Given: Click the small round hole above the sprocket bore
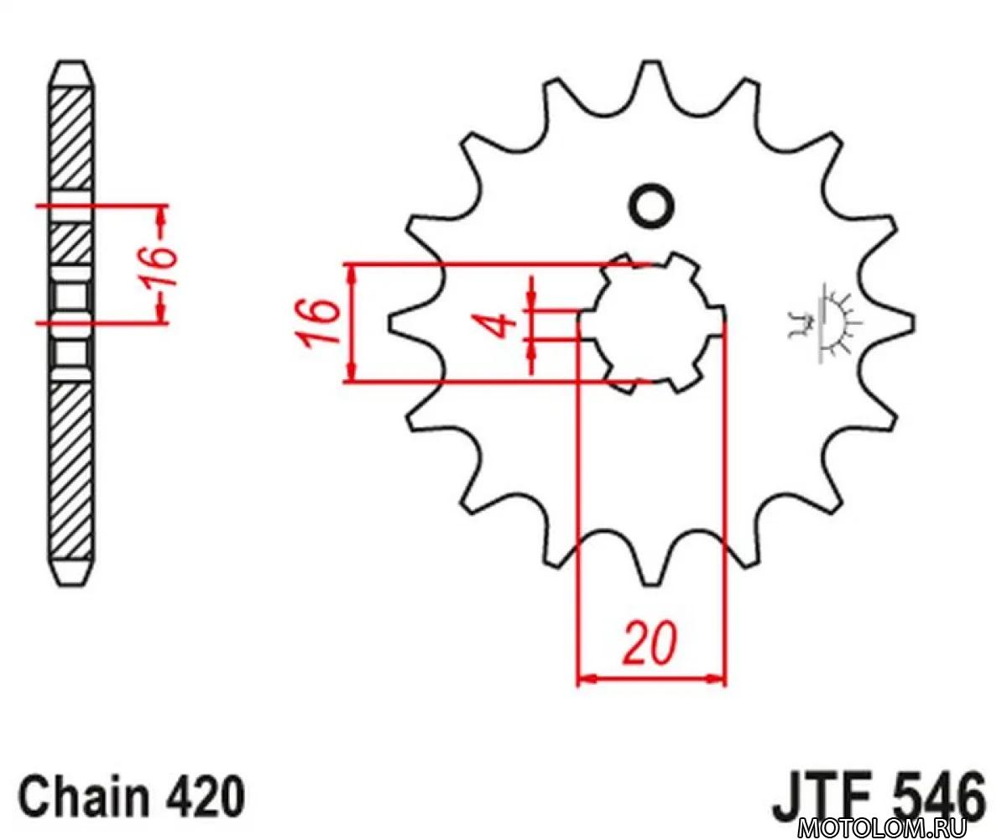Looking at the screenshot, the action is click(651, 206).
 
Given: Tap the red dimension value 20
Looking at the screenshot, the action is click(650, 644).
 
